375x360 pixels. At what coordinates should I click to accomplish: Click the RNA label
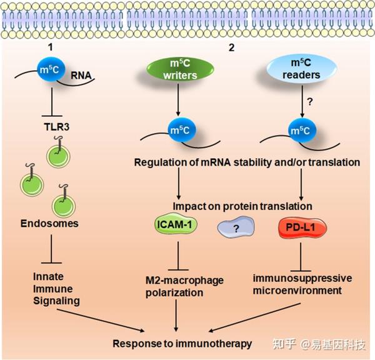click(x=81, y=76)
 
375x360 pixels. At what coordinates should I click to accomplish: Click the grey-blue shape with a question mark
click(x=236, y=229)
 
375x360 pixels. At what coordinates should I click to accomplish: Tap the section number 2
click(x=231, y=47)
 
